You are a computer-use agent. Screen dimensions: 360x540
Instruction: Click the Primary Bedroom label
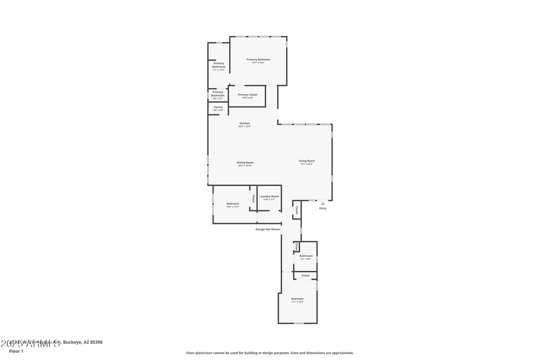[x=258, y=59]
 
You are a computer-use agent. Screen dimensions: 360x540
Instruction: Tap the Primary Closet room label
[x=247, y=95]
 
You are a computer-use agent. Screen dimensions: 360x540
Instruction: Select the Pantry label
[x=218, y=107]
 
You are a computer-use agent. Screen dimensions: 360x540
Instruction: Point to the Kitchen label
[x=245, y=123]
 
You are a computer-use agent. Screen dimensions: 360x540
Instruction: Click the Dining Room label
[x=245, y=163]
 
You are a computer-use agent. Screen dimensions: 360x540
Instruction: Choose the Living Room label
[x=306, y=161]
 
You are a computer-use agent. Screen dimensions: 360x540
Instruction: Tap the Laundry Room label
[x=269, y=196]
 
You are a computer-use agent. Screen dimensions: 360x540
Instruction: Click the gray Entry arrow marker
[x=323, y=204]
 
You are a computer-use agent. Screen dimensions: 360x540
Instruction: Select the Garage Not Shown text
[x=268, y=229]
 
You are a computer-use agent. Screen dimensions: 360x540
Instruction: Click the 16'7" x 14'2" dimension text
[x=258, y=63]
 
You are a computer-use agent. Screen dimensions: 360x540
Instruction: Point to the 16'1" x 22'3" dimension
[x=306, y=164]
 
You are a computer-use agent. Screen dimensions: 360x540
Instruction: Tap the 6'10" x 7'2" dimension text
[x=269, y=200]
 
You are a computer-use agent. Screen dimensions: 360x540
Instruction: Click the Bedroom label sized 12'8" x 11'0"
[x=232, y=204]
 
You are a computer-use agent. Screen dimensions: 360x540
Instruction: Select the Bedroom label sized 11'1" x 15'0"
[x=297, y=299]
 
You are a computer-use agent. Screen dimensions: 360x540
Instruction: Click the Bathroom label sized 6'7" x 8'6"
[x=306, y=256]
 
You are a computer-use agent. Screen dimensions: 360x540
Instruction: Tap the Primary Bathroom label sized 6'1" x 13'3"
[x=219, y=65]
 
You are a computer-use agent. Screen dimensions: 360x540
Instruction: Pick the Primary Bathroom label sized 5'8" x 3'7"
[x=218, y=94]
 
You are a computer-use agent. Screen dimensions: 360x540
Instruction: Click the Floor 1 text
[x=16, y=351]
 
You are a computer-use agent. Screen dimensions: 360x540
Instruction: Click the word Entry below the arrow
[x=323, y=208]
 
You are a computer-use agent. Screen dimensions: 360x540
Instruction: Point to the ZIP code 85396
[x=96, y=342]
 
